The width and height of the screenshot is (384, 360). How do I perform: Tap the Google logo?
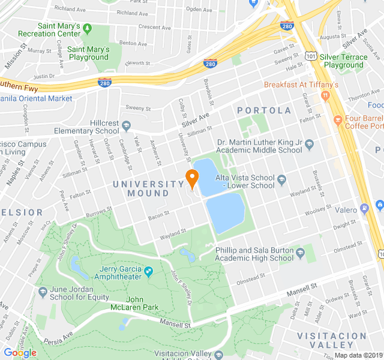click(20, 352)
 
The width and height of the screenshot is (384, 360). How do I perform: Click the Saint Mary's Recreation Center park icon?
click(87, 28)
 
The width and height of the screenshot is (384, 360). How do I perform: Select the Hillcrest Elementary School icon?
click(127, 125)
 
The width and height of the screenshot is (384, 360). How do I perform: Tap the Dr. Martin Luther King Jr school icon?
click(309, 145)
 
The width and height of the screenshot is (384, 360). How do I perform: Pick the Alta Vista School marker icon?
click(281, 178)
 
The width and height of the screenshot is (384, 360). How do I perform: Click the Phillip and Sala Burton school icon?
click(300, 253)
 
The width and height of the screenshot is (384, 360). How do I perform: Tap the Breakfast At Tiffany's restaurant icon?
click(325, 95)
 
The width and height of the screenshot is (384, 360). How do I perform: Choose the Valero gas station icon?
click(364, 209)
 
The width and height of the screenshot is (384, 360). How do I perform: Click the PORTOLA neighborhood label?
click(264, 110)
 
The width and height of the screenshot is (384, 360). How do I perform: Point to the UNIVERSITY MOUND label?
click(148, 188)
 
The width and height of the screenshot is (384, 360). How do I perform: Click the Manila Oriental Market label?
click(36, 98)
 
